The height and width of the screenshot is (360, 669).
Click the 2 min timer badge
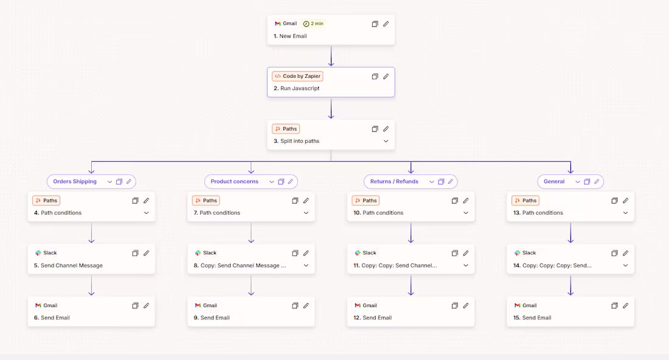314,24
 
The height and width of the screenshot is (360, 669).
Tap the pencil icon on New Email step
386,24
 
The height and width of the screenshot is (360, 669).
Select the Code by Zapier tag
298,77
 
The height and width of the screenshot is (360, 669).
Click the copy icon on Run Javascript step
375,77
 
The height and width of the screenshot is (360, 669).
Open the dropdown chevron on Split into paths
386,141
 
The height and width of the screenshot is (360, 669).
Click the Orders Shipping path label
75,182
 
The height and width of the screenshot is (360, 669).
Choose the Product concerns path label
234,182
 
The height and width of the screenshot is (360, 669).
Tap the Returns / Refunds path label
394,182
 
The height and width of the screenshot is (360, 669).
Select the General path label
554,182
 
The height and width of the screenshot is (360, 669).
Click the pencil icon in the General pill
597,182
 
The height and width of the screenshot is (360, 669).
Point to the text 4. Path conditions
58,213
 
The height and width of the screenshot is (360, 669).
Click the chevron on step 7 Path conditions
306,213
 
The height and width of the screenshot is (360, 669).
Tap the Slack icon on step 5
38,253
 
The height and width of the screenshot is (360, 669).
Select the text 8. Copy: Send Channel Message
240,266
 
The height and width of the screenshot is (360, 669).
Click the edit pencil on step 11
466,253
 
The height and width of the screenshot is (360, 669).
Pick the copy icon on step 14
614,253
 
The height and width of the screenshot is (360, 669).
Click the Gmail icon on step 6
38,305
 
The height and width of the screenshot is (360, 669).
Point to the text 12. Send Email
372,318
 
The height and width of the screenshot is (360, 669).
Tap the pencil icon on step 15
625,305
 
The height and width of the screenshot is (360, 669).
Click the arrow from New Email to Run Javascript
331,56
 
